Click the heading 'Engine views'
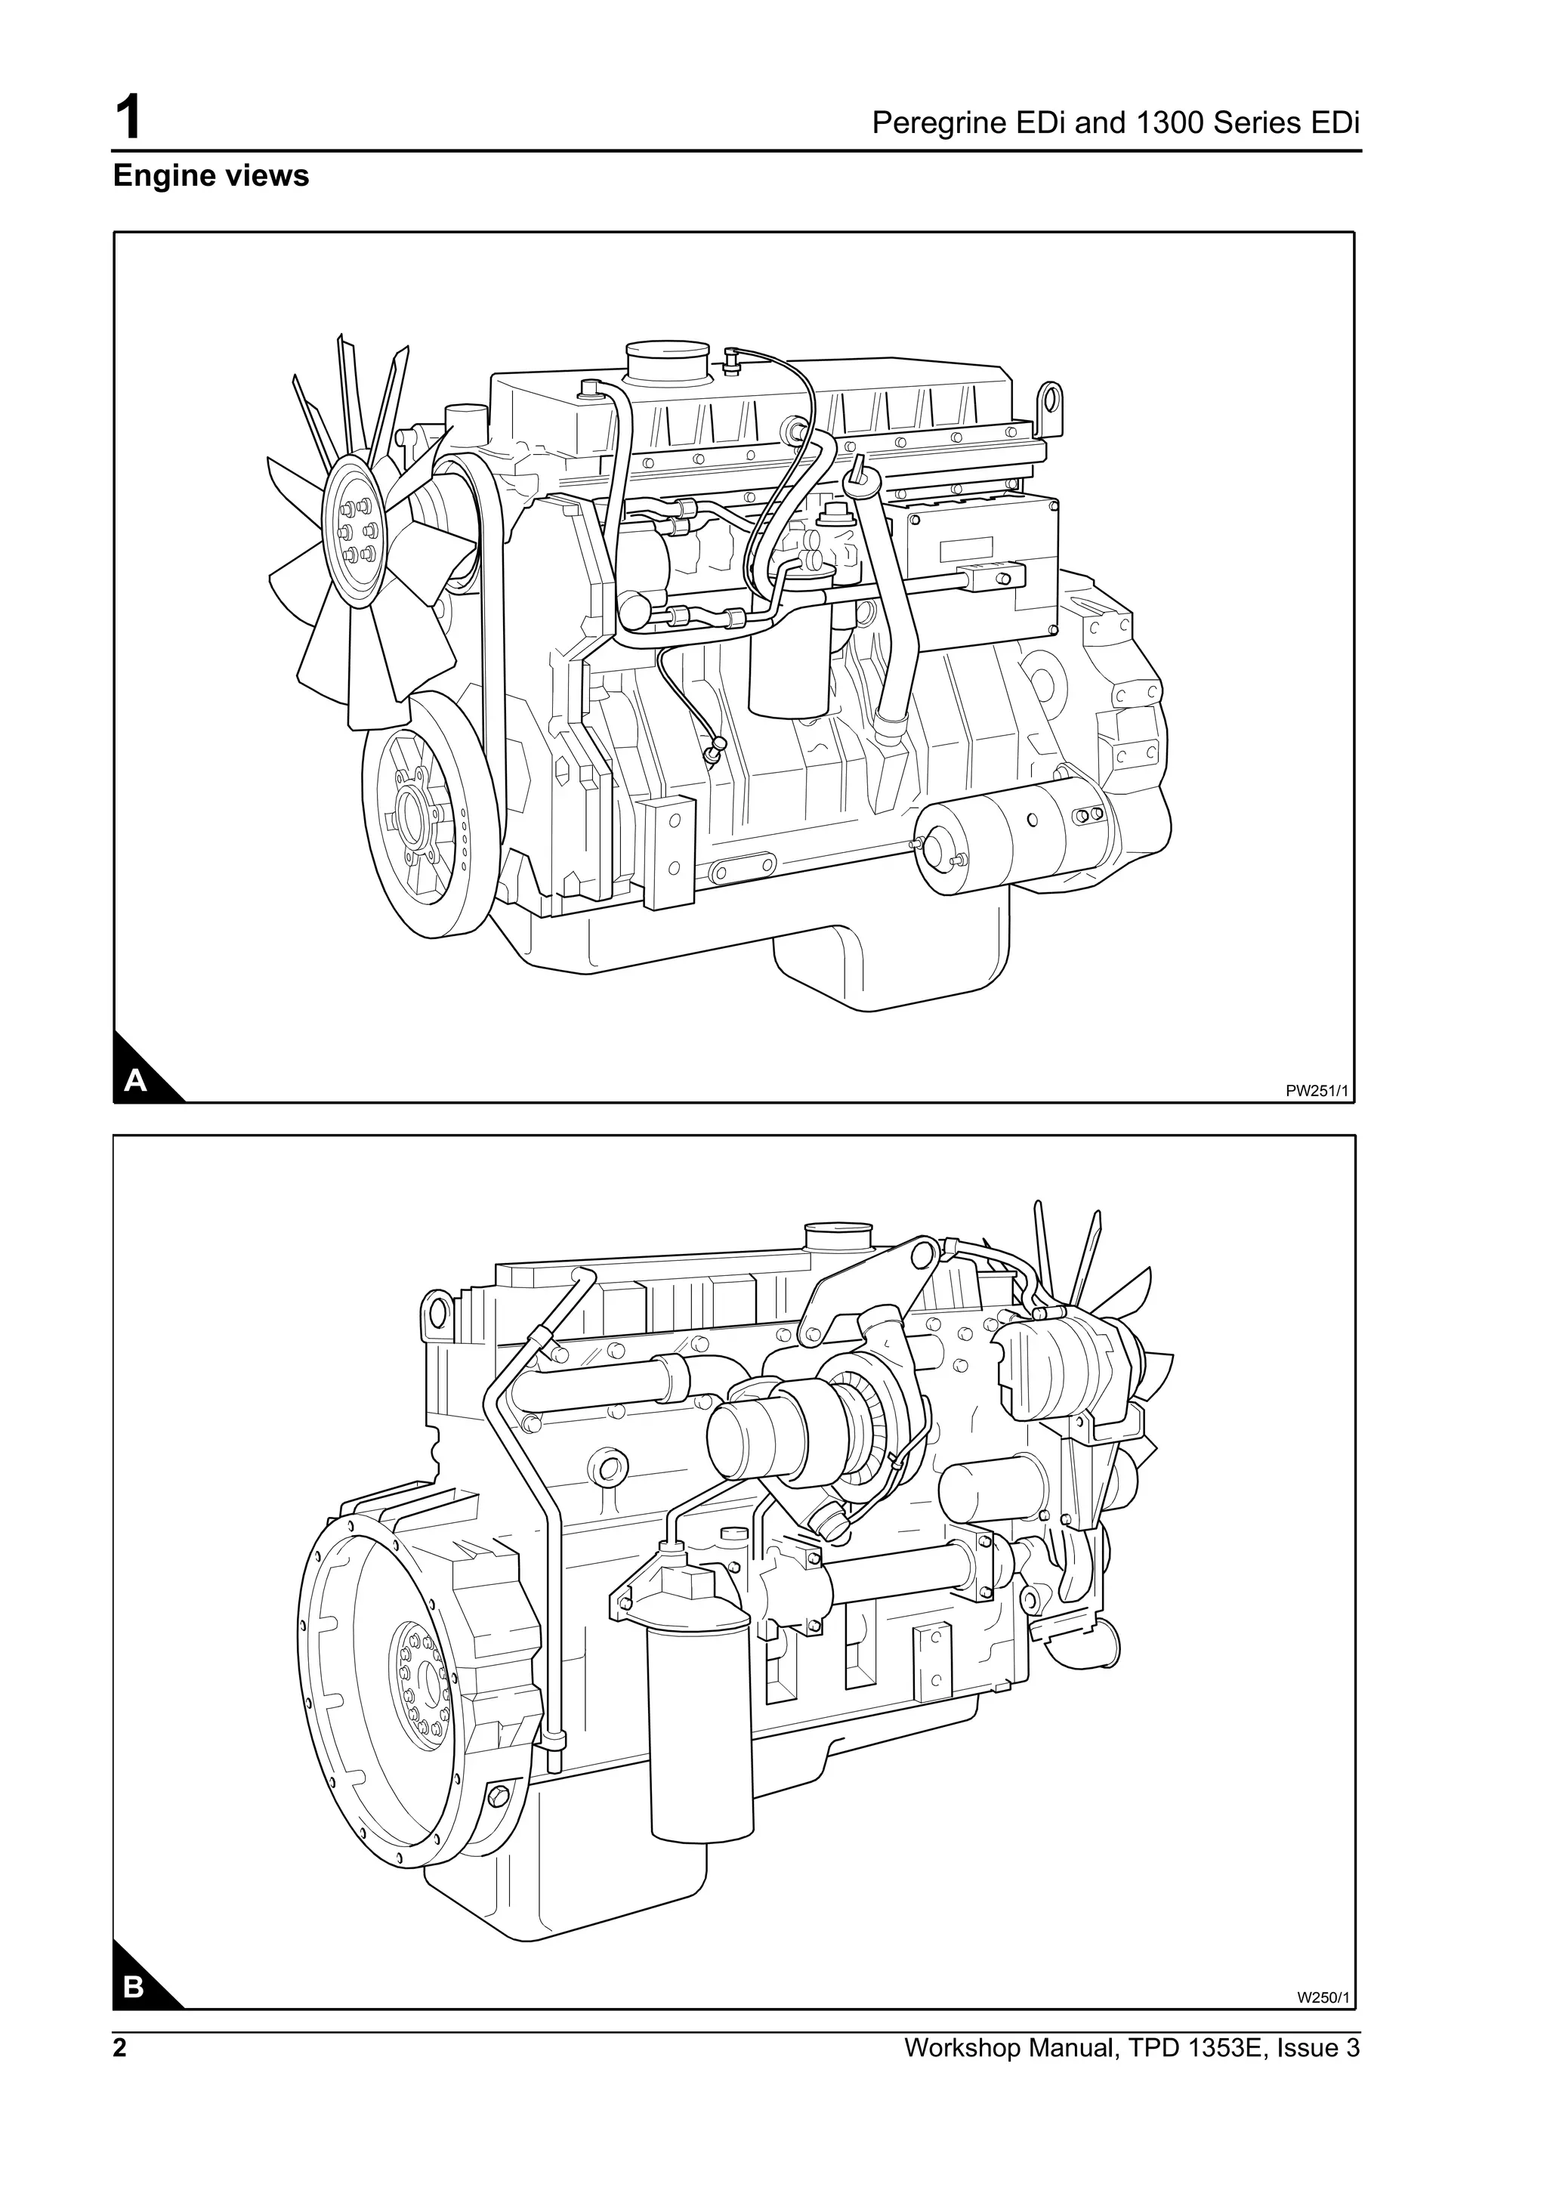(x=211, y=176)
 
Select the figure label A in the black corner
(x=136, y=1080)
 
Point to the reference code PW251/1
(x=1317, y=1092)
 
